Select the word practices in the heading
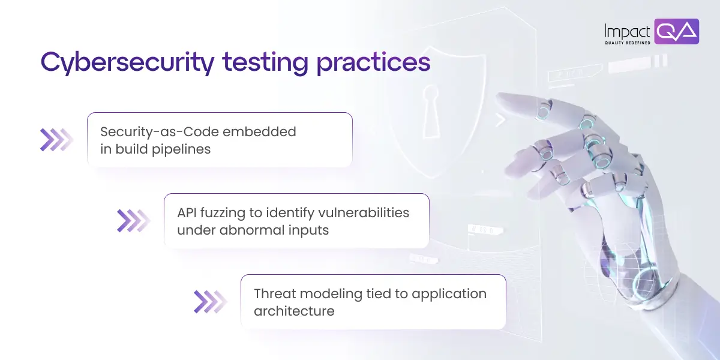[x=373, y=62]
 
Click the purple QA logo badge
[x=677, y=31]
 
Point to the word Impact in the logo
[x=627, y=30]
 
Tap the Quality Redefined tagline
[x=627, y=43]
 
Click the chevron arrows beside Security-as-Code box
[x=56, y=140]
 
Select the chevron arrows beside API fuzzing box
[x=133, y=221]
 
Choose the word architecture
[x=293, y=311]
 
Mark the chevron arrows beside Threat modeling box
[x=209, y=302]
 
